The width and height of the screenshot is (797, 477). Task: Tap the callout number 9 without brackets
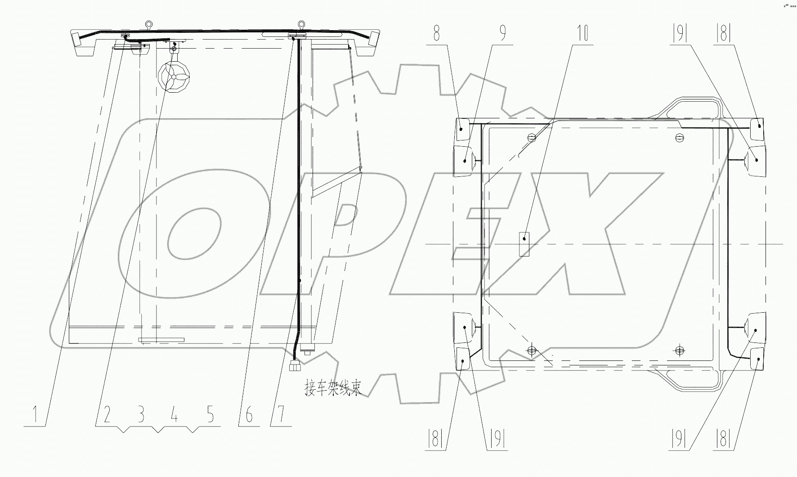click(x=503, y=34)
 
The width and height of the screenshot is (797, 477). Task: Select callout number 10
click(x=582, y=34)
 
